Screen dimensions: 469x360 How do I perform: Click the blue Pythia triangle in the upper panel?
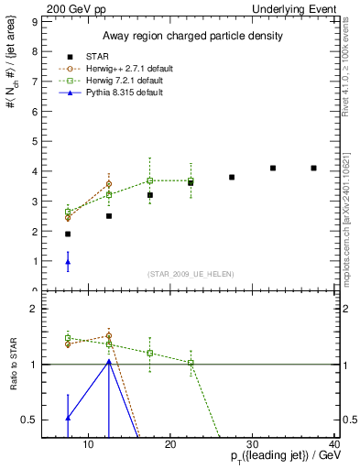68,262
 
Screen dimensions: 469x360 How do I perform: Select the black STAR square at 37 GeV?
313,169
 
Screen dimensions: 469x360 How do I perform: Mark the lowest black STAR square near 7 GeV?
68,234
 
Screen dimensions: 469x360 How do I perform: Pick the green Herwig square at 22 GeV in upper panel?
191,180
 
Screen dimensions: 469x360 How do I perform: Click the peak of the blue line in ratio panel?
109,361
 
